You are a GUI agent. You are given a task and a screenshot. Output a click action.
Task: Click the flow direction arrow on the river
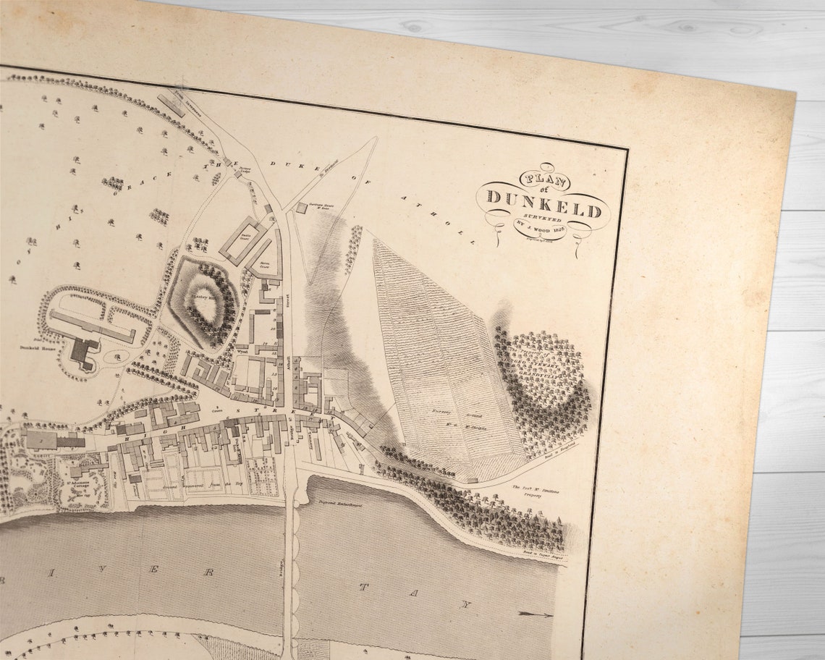[x=536, y=615]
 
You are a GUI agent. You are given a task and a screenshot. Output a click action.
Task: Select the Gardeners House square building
[x=301, y=208]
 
